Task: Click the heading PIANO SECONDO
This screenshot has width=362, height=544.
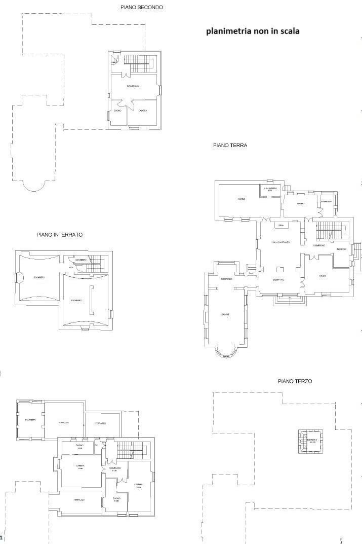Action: [141, 8]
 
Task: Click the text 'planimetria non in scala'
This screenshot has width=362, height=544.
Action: [252, 31]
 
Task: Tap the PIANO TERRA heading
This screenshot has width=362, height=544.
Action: [230, 146]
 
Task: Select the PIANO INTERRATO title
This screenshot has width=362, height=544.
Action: [59, 235]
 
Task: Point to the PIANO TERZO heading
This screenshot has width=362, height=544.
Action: [295, 381]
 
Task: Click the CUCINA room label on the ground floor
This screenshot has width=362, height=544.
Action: [242, 199]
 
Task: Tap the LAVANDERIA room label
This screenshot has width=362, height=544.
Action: [270, 189]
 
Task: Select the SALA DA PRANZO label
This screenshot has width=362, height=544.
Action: [280, 242]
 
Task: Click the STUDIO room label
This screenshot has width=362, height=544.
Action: [323, 276]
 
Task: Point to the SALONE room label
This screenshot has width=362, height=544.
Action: [225, 315]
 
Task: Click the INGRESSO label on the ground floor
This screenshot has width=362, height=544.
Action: [341, 249]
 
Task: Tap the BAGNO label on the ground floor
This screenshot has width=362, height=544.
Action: [300, 204]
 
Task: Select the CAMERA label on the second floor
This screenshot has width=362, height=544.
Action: [143, 111]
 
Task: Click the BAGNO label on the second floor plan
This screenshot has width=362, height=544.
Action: [117, 111]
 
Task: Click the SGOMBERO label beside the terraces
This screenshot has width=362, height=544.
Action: [30, 420]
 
